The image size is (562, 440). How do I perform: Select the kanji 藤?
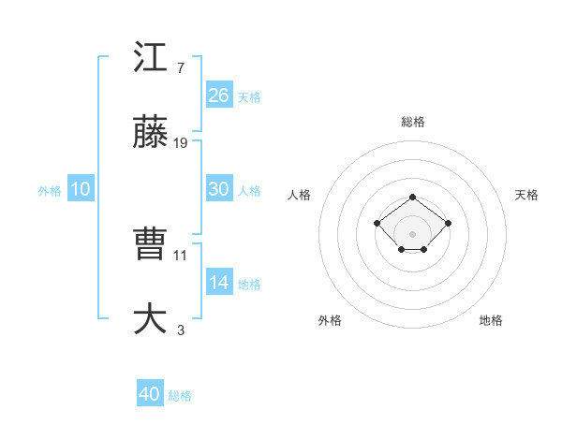pyautogui.click(x=150, y=135)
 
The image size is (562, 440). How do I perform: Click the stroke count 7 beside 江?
pyautogui.click(x=180, y=68)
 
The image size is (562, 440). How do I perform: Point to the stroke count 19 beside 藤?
pyautogui.click(x=181, y=143)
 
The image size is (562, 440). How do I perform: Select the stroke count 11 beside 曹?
pyautogui.click(x=181, y=255)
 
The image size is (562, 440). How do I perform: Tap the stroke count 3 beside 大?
pyautogui.click(x=180, y=330)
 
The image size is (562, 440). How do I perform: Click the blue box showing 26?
pyautogui.click(x=219, y=95)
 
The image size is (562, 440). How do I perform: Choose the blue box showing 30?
pyautogui.click(x=219, y=189)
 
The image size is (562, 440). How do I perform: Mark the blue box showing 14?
pyautogui.click(x=219, y=283)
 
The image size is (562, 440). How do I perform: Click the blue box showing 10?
pyautogui.click(x=81, y=189)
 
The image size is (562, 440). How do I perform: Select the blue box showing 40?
pyautogui.click(x=150, y=394)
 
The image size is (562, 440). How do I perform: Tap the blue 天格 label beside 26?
pyautogui.click(x=249, y=96)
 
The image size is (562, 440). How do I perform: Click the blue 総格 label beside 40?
pyautogui.click(x=180, y=396)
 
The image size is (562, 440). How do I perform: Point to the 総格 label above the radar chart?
pyautogui.click(x=412, y=122)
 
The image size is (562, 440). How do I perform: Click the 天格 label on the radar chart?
pyautogui.click(x=526, y=195)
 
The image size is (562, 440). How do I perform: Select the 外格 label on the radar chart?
pyautogui.click(x=330, y=320)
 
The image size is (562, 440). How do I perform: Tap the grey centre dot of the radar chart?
pyautogui.click(x=412, y=234)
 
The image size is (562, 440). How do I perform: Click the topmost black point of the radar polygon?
pyautogui.click(x=412, y=198)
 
